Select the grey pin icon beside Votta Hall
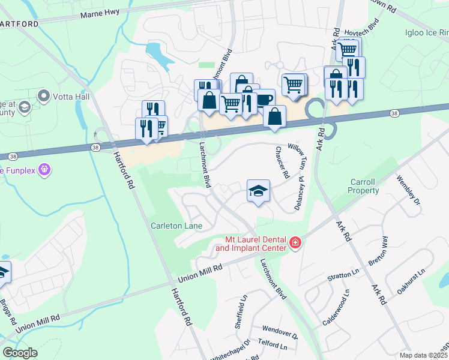tap(43, 95)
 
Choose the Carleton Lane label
tap(176, 226)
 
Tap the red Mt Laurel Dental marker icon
tap(295, 243)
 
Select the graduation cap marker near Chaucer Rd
tap(258, 191)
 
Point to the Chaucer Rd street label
tap(282, 163)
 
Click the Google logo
tap(20, 353)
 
